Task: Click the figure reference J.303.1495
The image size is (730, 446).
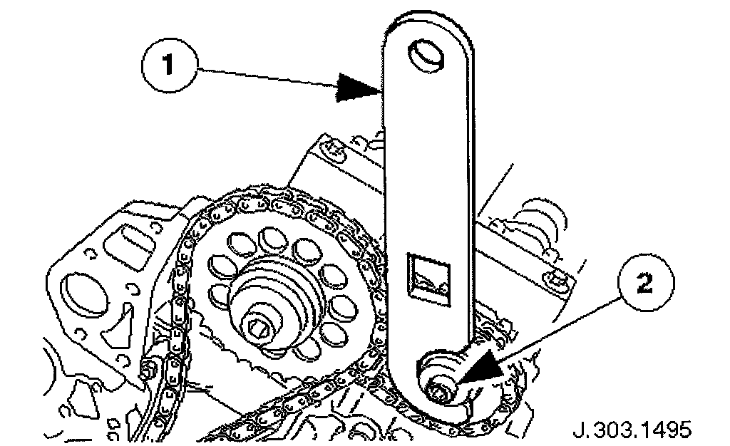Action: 630,429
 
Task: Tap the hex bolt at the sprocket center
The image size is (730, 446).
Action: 261,327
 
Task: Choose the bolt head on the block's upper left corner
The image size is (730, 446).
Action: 332,148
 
